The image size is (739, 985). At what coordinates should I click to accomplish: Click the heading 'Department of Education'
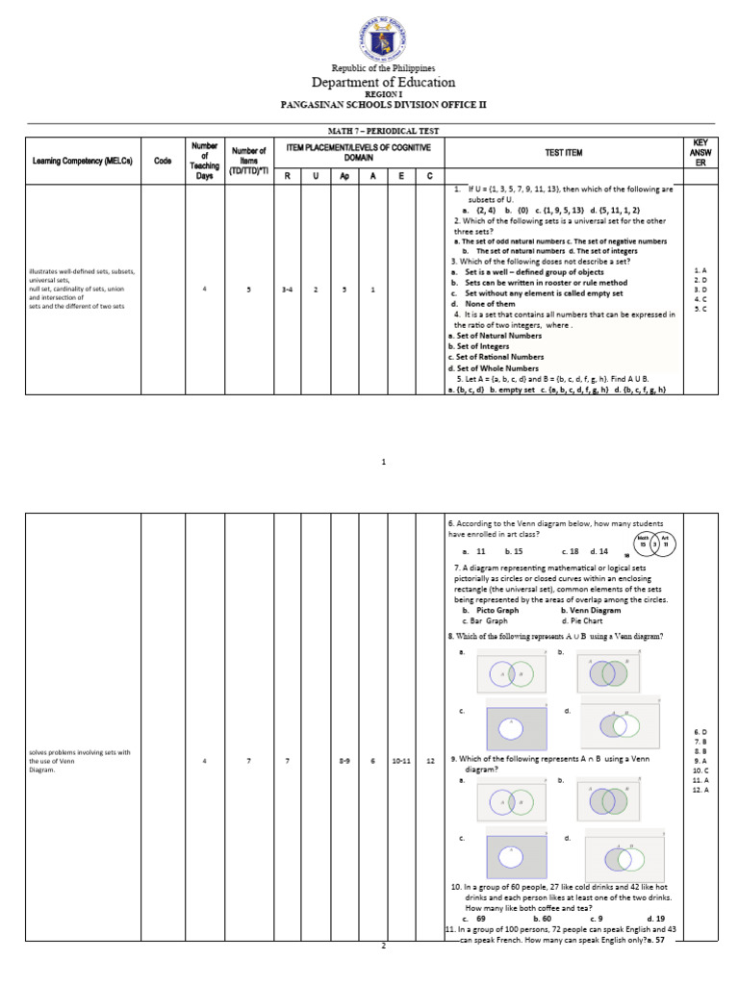pyautogui.click(x=383, y=83)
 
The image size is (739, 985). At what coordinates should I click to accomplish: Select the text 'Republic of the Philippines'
pyautogui.click(x=383, y=68)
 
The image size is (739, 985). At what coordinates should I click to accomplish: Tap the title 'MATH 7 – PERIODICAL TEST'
pyautogui.click(x=383, y=130)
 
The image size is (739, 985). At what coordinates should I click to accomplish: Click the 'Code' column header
pyautogui.click(x=163, y=161)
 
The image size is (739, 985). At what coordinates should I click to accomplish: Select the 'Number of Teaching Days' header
pyautogui.click(x=204, y=161)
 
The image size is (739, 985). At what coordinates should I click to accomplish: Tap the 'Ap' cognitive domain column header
pyautogui.click(x=344, y=176)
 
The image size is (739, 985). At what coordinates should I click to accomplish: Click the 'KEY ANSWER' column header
pyautogui.click(x=700, y=153)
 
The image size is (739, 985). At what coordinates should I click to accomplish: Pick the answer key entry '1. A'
pyautogui.click(x=700, y=271)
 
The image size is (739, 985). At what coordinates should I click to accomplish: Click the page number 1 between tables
pyautogui.click(x=383, y=463)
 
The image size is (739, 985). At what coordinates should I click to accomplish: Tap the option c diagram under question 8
pyautogui.click(x=516, y=729)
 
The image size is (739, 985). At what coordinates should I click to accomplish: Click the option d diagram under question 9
pyautogui.click(x=619, y=855)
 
